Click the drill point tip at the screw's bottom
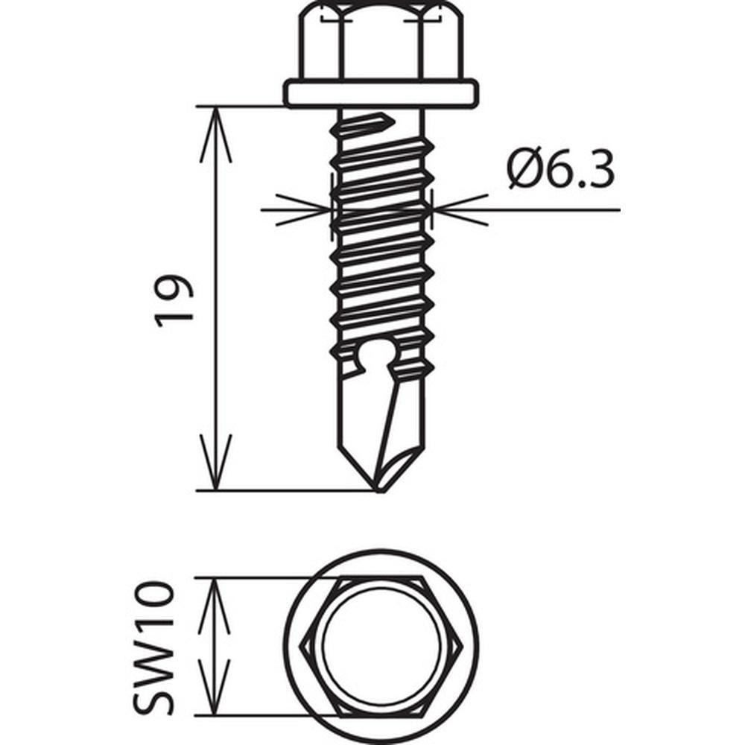tap(379, 492)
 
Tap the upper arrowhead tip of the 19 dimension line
tap(215, 107)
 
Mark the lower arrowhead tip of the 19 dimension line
tap(215, 490)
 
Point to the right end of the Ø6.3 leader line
tap(620, 209)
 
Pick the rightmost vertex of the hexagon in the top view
tap(463, 647)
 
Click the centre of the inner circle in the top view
tap(381, 647)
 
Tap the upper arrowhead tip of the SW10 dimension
tap(215, 578)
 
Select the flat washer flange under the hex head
tap(381, 94)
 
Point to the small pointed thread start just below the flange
tap(370, 124)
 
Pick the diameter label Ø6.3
tap(560, 170)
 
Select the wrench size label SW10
tap(153, 648)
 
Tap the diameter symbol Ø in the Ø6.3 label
tap(525, 170)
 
